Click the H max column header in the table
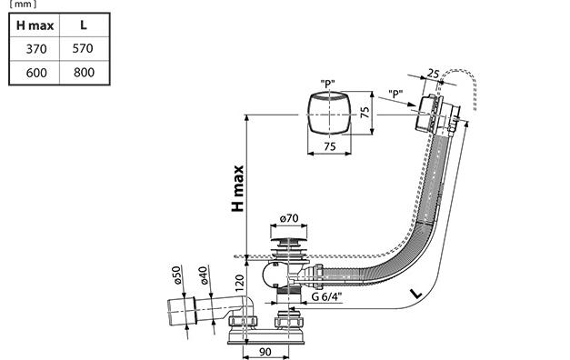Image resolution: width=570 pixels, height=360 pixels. tap(35, 25)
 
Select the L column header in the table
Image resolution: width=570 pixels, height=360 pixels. tap(84, 25)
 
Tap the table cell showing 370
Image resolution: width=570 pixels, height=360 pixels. tap(36, 49)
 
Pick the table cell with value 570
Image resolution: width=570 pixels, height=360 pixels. tap(83, 48)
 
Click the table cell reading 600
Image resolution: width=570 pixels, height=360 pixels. tap(36, 73)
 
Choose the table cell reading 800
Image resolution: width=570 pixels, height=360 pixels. tap(84, 73)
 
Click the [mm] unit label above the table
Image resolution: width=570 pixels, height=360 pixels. tap(23, 5)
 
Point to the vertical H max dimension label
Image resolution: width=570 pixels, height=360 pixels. tap(238, 189)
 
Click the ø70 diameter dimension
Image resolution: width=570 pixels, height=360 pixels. tap(289, 218)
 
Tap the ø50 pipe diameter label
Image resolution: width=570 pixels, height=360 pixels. tap(176, 275)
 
